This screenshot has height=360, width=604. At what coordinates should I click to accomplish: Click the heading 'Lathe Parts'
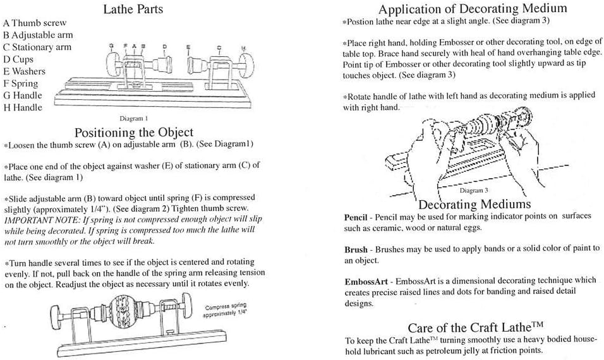[133, 9]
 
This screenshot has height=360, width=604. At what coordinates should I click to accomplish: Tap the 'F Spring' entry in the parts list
[20, 83]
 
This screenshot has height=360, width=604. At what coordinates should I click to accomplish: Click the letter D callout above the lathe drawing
[164, 47]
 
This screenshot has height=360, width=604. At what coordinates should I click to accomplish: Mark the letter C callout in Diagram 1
[219, 47]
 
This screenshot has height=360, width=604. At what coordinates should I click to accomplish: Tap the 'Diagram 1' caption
[133, 119]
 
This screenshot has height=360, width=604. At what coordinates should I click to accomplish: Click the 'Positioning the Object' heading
[133, 133]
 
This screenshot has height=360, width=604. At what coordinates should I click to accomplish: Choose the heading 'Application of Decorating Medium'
[472, 8]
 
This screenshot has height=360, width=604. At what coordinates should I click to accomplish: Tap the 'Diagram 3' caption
[474, 190]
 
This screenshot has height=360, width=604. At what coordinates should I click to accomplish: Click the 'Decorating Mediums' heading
[474, 204]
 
